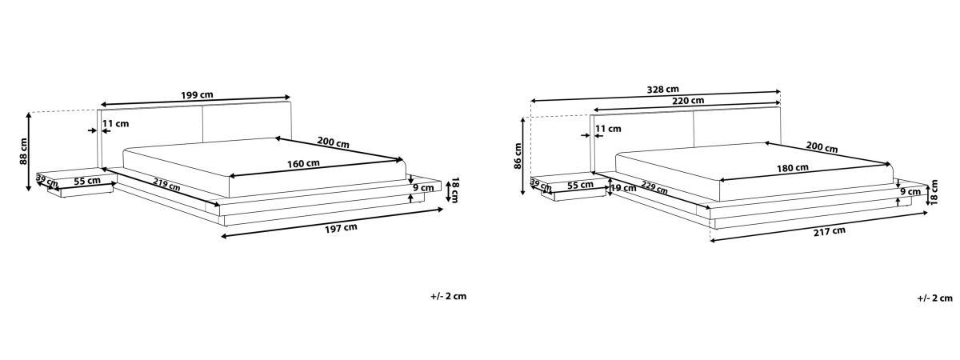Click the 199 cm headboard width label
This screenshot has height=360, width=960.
(x=197, y=95)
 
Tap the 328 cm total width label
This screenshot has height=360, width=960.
(x=662, y=90)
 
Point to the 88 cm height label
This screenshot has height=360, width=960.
(x=23, y=151)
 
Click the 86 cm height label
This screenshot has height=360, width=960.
(x=518, y=156)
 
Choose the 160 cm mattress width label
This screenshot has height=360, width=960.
(x=303, y=163)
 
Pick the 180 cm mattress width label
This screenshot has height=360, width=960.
(x=793, y=167)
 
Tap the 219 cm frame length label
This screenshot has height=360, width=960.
(x=166, y=184)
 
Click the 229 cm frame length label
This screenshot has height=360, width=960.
(x=654, y=187)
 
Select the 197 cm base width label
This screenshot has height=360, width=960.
(x=341, y=229)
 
